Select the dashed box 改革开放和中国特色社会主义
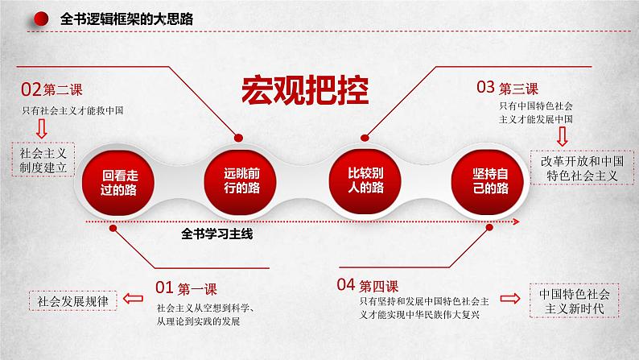pyautogui.click(x=584, y=167)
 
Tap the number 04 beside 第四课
pyautogui.click(x=346, y=284)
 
